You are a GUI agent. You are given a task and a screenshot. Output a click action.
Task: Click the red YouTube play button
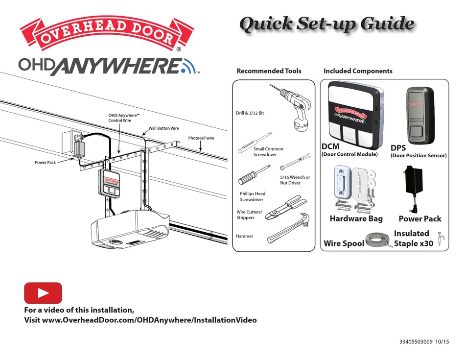tap(43, 293)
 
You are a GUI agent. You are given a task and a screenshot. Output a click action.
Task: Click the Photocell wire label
tap(201, 138)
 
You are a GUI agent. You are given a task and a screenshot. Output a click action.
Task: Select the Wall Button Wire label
tap(163, 128)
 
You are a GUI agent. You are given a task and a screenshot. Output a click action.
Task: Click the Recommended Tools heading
tap(269, 71)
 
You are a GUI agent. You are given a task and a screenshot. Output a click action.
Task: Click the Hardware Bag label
tap(356, 219)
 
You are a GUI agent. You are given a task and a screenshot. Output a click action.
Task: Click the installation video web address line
tap(140, 320)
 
